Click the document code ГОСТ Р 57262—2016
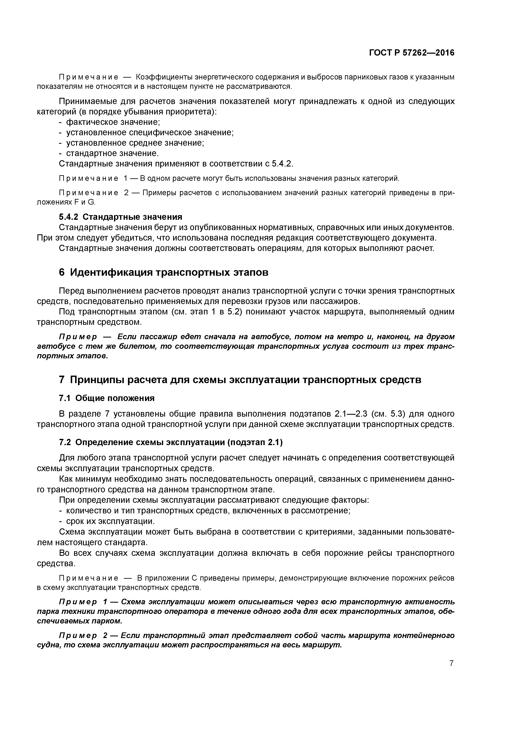pos(412,53)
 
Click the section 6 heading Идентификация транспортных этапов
pos(164,272)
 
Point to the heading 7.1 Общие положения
pos(107,398)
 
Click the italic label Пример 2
pos(83,636)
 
